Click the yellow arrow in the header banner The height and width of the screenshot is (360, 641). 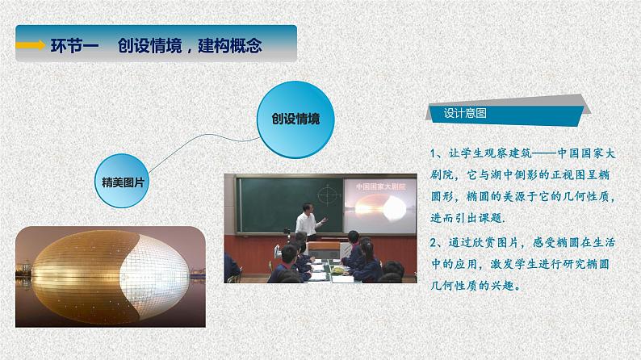coord(31,46)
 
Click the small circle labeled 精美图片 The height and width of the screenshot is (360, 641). coord(124,182)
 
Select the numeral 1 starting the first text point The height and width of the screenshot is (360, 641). coord(434,153)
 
